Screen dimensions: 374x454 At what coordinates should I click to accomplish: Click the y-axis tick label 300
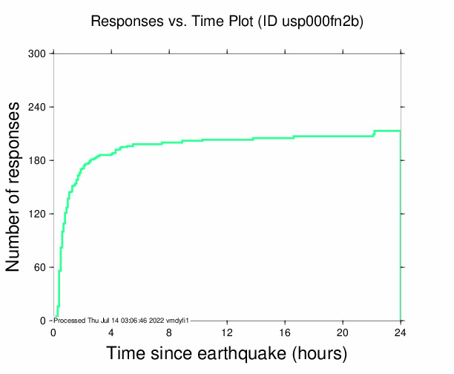click(x=37, y=54)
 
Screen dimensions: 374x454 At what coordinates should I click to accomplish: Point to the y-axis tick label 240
click(x=37, y=108)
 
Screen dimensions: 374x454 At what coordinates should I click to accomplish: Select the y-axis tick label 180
click(x=37, y=161)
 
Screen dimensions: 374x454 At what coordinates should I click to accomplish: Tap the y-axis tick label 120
click(x=37, y=214)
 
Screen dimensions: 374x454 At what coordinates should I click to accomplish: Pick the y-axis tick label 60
click(x=40, y=268)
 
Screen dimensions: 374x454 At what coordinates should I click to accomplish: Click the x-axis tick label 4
click(x=111, y=332)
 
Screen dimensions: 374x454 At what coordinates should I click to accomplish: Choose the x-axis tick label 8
click(x=169, y=332)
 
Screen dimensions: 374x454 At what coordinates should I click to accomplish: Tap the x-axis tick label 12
click(x=227, y=332)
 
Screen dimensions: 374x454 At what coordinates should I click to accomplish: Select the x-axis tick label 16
click(x=285, y=332)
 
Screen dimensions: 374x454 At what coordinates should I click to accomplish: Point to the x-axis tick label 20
click(x=343, y=332)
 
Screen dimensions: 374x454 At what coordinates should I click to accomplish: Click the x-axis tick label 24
click(x=401, y=332)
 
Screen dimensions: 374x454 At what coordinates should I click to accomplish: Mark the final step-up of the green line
click(x=375, y=134)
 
